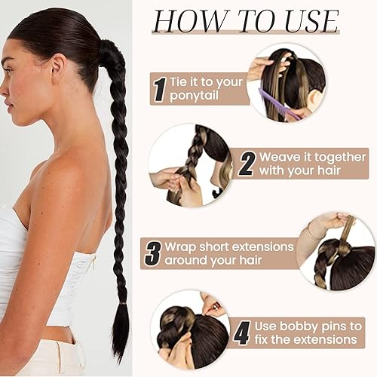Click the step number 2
(246, 164)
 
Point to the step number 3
(153, 252)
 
